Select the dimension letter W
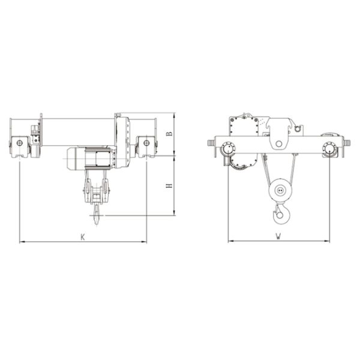coord(279,236)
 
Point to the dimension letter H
coord(169,187)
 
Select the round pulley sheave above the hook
coord(278,191)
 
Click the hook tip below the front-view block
coord(97,209)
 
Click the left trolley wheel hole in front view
coord(20,143)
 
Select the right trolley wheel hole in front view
coord(146,143)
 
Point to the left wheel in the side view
coord(228,149)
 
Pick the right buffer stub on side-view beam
coord(347,143)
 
